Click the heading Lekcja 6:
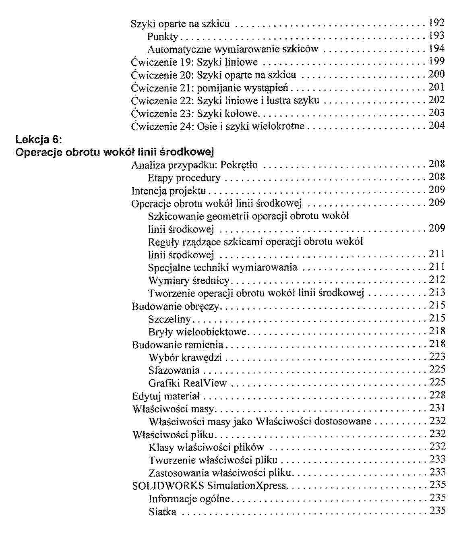coord(39,140)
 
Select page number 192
coord(436,23)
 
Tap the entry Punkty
coord(163,37)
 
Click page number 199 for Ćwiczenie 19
coord(436,62)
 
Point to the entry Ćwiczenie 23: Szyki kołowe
coord(196,113)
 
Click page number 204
coord(436,126)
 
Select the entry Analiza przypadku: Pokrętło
coord(194,165)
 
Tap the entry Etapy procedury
coord(184,178)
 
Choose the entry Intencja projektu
coord(169,190)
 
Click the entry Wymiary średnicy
coord(188,280)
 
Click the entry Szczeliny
coord(169,319)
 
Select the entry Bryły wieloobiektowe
coord(197,332)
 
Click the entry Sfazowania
coord(174,370)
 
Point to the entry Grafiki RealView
coord(187,383)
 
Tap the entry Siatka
coord(162,512)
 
